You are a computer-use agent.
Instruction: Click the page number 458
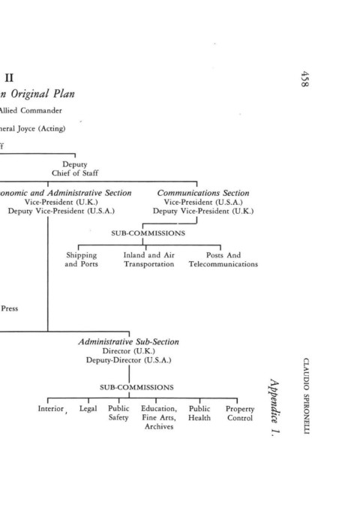304,79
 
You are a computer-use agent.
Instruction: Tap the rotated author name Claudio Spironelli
306,395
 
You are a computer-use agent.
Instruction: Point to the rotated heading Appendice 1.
274,407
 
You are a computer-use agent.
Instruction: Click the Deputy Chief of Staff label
75,169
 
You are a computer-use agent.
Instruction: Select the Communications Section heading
203,193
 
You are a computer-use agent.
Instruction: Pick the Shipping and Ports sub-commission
81,260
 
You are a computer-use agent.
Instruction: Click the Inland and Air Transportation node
149,260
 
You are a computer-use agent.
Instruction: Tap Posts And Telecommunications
223,260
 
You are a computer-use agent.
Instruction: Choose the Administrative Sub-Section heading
128,341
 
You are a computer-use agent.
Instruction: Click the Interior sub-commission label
51,408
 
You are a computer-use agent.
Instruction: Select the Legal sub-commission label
88,409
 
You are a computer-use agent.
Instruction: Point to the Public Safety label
118,413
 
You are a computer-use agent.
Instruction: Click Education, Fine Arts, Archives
159,418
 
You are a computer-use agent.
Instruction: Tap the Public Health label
199,413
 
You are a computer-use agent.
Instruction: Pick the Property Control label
240,413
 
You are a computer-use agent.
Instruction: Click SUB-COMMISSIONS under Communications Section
148,233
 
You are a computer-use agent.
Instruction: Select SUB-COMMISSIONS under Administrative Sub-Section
136,387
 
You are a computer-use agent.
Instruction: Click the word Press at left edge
10,308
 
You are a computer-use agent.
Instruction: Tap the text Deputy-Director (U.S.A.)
128,360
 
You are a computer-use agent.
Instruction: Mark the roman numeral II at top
9,78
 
